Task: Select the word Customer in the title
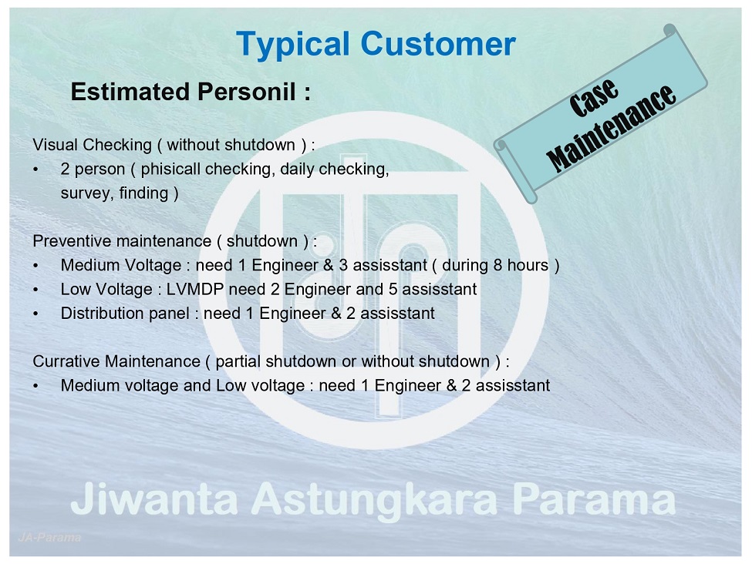click(438, 44)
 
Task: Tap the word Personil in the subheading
click(247, 91)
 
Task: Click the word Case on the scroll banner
click(593, 98)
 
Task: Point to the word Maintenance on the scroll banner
click(612, 129)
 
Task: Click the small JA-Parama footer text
click(49, 538)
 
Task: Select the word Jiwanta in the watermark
click(154, 499)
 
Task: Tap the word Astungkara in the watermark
click(375, 500)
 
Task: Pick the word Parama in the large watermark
click(594, 499)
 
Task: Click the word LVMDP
click(195, 290)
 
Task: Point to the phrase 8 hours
click(521, 265)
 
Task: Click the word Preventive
click(72, 241)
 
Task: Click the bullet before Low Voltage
click(35, 290)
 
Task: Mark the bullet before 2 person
click(35, 170)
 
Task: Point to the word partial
click(238, 361)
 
